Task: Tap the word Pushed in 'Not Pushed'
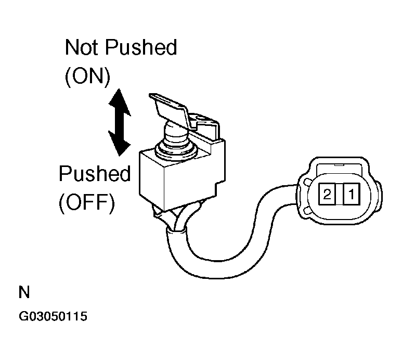coord(141,47)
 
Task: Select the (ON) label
coord(88,76)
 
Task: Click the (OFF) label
coord(87,202)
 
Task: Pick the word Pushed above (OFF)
coord(95,173)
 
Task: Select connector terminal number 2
coord(327,194)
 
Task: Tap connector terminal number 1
coord(351,194)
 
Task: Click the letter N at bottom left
coord(24,292)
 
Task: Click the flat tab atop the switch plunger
coord(170,111)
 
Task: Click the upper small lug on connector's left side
coord(307,182)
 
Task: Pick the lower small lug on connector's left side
coord(307,211)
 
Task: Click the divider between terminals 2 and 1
coord(339,194)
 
